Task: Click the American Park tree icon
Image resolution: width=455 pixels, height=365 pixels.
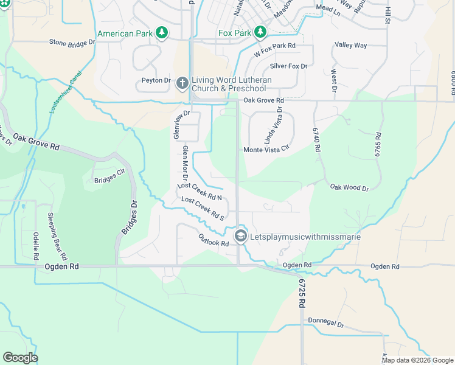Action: coord(161,32)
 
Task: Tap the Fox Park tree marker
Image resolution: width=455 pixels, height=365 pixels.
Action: coord(260,32)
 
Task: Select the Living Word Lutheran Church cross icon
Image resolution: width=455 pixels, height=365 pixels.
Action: coord(182,83)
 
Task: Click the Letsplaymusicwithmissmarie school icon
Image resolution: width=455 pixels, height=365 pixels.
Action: coord(241,236)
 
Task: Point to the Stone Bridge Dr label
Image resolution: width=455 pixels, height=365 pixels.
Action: coord(72,43)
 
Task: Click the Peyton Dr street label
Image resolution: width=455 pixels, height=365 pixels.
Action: coord(156,80)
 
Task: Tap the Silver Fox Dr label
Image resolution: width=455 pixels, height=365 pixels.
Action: coord(289,66)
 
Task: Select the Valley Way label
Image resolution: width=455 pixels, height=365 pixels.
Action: coord(351,45)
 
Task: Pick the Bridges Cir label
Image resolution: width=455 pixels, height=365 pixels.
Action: coord(108,180)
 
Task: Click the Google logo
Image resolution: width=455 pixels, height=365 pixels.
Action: coord(21,357)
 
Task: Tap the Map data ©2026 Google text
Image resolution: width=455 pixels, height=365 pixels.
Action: coord(417,360)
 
